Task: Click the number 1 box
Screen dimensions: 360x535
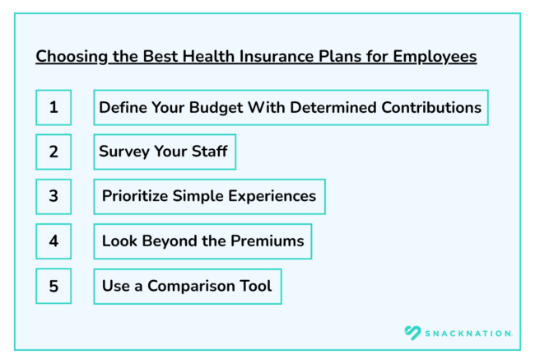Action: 53,108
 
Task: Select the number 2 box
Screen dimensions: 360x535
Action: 53,152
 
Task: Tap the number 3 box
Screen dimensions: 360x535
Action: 53,197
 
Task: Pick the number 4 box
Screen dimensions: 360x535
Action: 53,241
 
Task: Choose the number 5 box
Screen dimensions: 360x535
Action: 53,287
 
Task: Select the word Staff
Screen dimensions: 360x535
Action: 207,152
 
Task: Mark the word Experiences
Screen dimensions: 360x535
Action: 272,197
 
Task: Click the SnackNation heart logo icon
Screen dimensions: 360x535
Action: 412,333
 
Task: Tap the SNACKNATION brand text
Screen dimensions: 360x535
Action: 468,333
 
